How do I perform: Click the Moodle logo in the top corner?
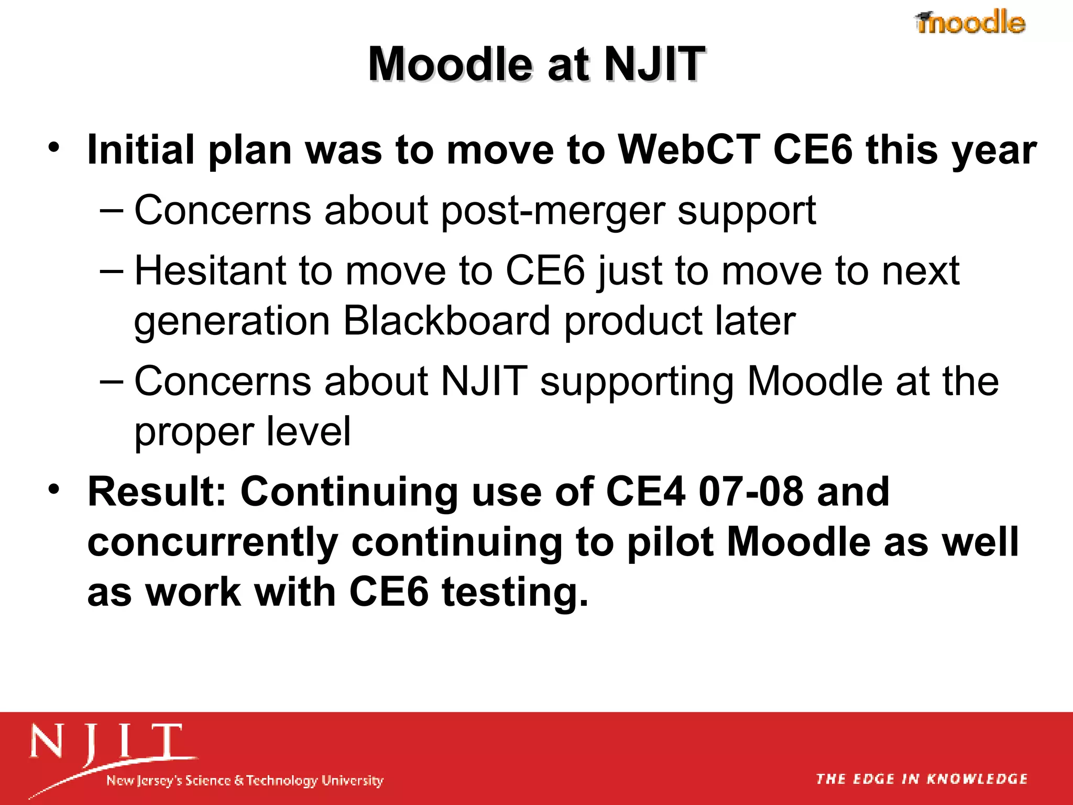970,23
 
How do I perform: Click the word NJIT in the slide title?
654,64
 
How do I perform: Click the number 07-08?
750,492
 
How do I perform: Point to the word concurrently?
212,543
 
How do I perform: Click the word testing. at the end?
515,593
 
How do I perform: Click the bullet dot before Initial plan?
53,148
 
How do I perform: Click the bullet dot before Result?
53,489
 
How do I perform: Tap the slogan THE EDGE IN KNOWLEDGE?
922,779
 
